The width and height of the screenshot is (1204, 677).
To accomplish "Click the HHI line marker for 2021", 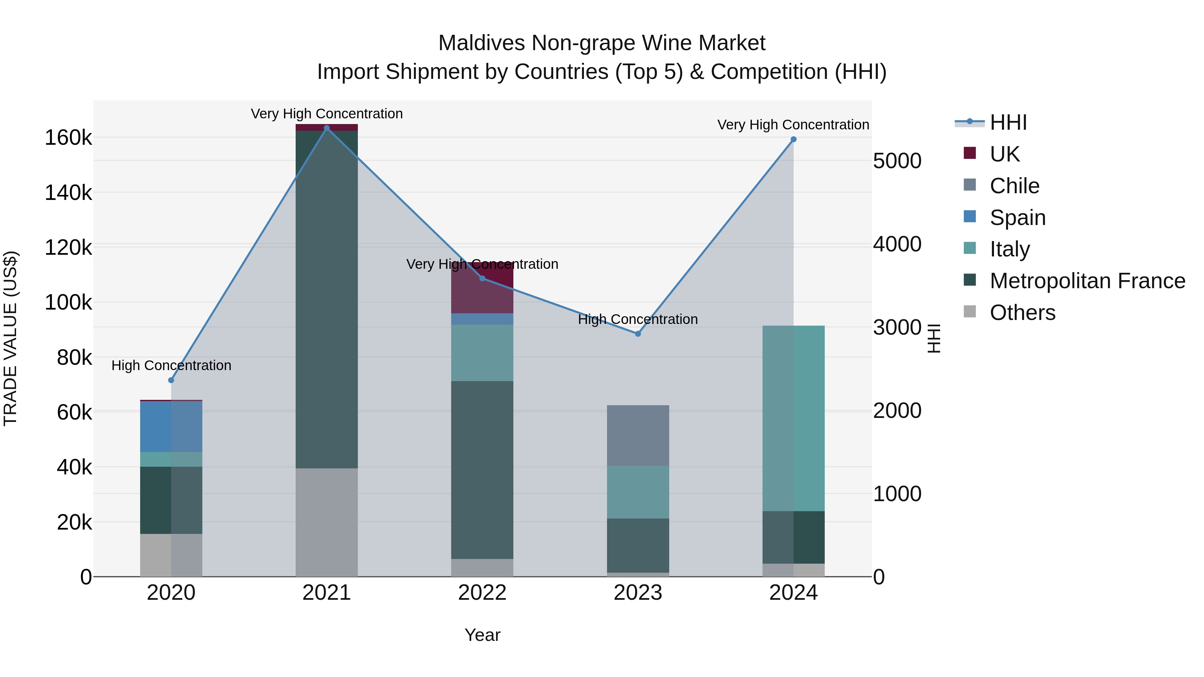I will tap(327, 128).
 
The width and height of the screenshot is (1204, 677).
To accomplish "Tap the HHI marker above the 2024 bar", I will tap(793, 139).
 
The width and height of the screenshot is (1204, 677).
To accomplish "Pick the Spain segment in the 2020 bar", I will tap(171, 426).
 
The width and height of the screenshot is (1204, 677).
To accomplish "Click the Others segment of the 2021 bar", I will tap(327, 522).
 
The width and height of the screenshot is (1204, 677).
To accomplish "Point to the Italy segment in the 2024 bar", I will tap(793, 418).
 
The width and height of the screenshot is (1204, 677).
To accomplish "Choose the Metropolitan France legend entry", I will tap(1087, 281).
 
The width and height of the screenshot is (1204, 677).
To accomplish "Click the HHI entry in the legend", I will tap(1008, 122).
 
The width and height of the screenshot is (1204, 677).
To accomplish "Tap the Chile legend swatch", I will tap(970, 185).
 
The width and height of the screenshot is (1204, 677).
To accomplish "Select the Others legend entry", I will tap(1022, 313).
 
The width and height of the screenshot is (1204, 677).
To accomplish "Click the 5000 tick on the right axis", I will tap(897, 161).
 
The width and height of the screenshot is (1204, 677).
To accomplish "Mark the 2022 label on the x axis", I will tap(482, 593).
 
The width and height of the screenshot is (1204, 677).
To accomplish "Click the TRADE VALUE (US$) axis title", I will tap(10, 338).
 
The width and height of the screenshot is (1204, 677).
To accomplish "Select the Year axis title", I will tap(482, 635).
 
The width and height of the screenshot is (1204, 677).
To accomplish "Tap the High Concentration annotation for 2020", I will tap(171, 365).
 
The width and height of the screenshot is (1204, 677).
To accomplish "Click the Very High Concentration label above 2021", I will tap(327, 114).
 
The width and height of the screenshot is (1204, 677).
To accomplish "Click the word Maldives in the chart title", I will tap(481, 43).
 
